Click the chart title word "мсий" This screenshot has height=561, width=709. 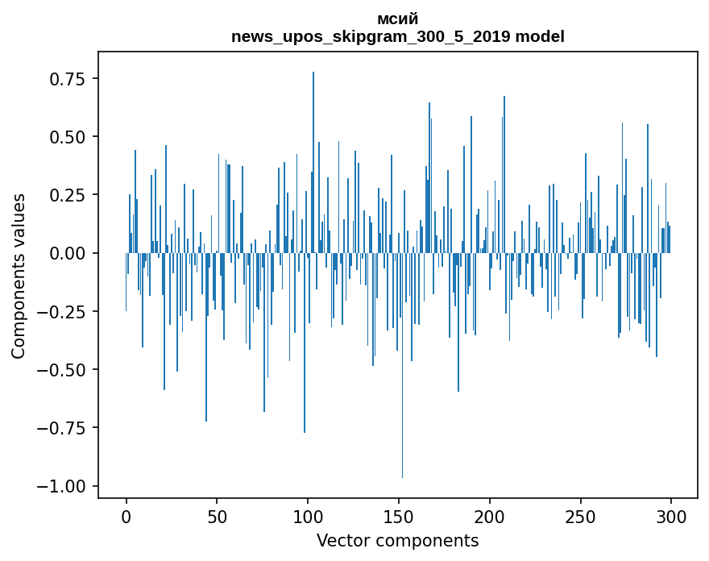tap(397, 19)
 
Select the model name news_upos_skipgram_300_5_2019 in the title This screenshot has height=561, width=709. tap(371, 37)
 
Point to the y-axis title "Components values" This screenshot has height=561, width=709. tap(18, 276)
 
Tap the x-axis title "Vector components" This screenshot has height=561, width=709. tap(397, 541)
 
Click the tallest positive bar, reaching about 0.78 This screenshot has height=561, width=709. tap(313, 161)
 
